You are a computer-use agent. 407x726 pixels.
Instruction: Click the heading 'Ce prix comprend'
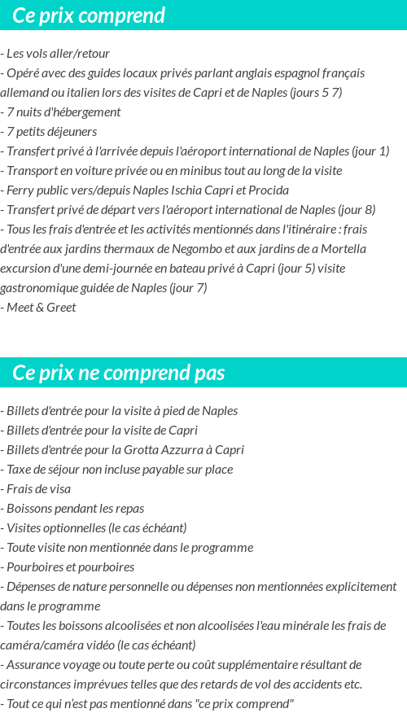(89, 15)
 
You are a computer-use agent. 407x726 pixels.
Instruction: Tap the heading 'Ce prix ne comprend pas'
(119, 373)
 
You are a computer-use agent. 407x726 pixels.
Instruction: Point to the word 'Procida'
(268, 190)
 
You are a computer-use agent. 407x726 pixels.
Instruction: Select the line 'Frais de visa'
(38, 489)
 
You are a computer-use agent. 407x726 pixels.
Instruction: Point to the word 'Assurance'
(33, 665)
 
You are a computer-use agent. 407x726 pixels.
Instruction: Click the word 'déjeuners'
(70, 132)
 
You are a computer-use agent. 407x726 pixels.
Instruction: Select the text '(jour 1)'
(370, 151)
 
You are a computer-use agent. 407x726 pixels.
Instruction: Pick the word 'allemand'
(26, 93)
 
